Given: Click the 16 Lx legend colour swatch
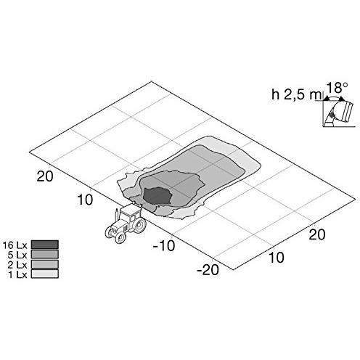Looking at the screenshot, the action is (45, 245).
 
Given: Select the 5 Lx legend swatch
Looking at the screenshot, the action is (45, 254).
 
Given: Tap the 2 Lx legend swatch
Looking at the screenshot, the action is (45, 264).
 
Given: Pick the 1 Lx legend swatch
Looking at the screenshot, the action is (45, 274).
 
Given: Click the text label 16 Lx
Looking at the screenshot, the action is (15, 245).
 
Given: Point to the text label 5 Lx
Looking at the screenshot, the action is (17, 255).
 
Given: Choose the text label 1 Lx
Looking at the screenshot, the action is (17, 274).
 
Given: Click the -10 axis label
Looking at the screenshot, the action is (164, 245).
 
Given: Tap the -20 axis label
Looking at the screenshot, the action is (208, 269).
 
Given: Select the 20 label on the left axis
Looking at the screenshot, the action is (45, 176).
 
